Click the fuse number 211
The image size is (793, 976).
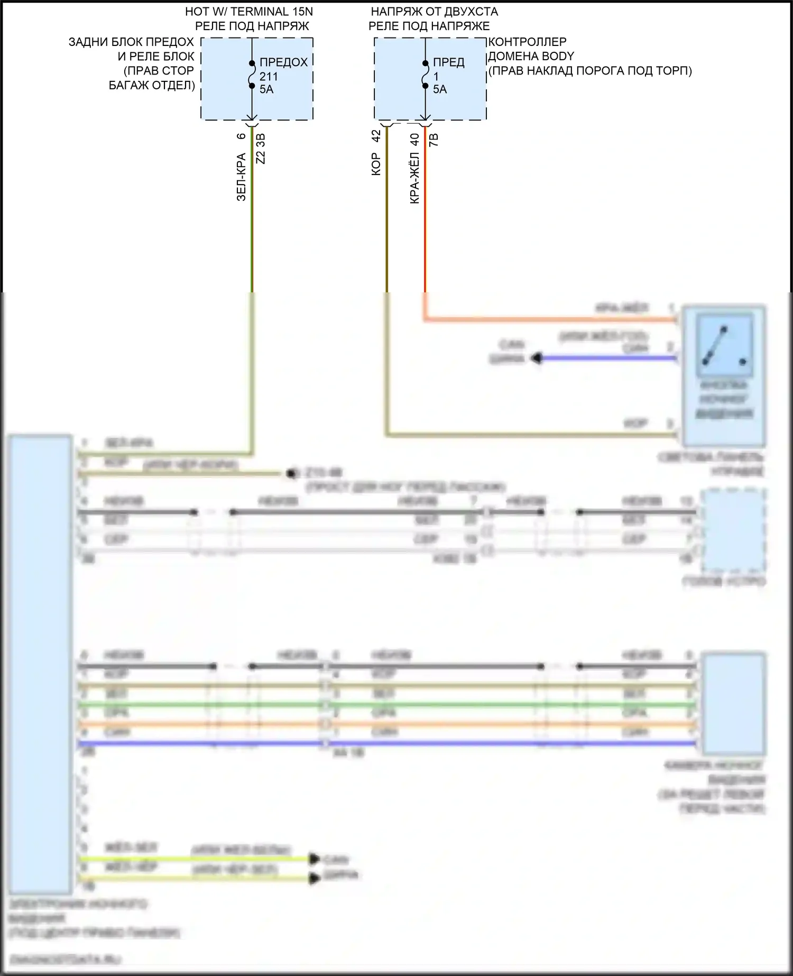click(x=269, y=76)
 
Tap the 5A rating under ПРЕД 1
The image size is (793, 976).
click(x=440, y=89)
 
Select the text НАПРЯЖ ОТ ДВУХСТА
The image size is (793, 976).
click(x=434, y=11)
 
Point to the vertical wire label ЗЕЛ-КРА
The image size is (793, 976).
click(x=241, y=177)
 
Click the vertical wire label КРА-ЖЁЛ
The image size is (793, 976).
click(x=414, y=178)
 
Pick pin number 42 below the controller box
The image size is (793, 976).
click(x=376, y=136)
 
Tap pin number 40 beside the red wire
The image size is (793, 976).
click(x=414, y=139)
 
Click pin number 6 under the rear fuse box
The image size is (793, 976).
click(x=241, y=136)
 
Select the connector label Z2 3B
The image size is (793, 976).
click(x=261, y=149)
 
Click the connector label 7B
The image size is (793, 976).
click(x=434, y=140)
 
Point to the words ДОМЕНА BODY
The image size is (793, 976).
click(x=531, y=56)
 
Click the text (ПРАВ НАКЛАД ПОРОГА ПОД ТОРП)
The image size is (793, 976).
click(x=590, y=70)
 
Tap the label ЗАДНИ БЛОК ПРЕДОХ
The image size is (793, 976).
click(x=131, y=42)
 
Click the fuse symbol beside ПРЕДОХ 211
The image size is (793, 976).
click(x=252, y=75)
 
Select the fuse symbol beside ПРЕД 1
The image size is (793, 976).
click(x=425, y=75)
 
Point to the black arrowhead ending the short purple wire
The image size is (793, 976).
click(x=537, y=358)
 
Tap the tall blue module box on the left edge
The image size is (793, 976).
click(x=40, y=664)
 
